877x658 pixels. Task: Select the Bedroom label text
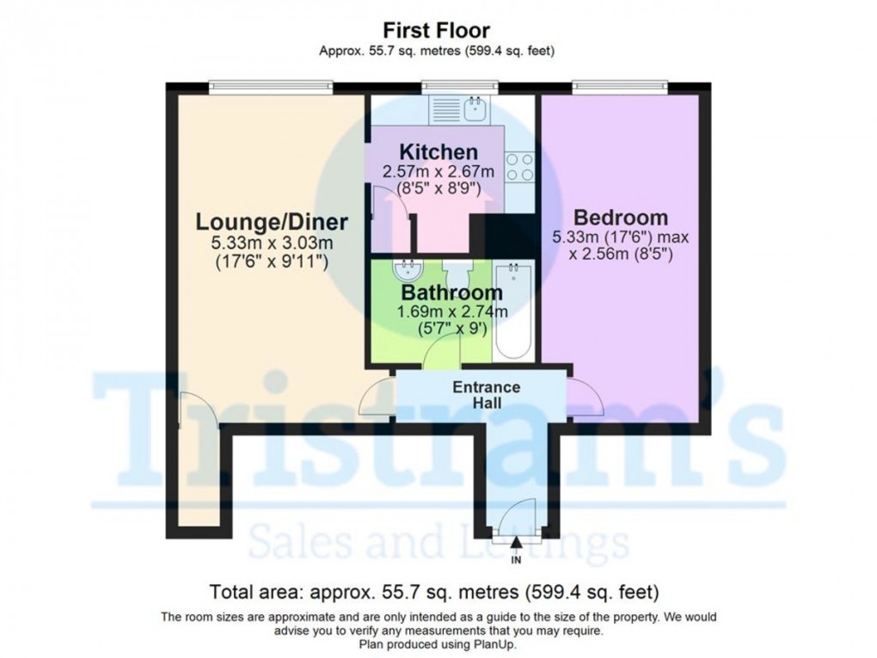click(x=621, y=217)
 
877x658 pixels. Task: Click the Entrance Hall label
click(x=487, y=395)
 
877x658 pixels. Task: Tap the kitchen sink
click(x=474, y=108)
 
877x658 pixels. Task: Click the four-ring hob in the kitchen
click(x=519, y=167)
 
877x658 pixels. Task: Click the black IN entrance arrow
click(x=516, y=542)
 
